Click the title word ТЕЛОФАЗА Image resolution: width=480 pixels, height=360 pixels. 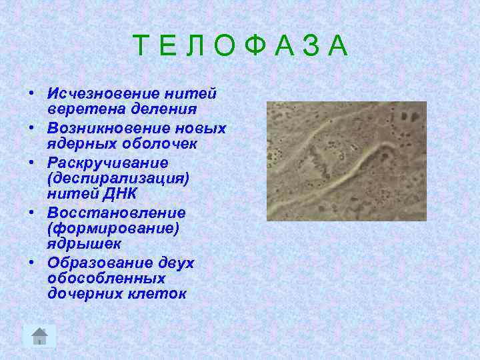point(241,46)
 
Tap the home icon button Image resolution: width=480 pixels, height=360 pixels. point(40,336)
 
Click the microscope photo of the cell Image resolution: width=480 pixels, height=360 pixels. point(346,161)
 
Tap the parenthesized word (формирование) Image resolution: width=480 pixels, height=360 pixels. point(112,229)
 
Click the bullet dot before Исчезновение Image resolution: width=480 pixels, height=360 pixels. point(32,93)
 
